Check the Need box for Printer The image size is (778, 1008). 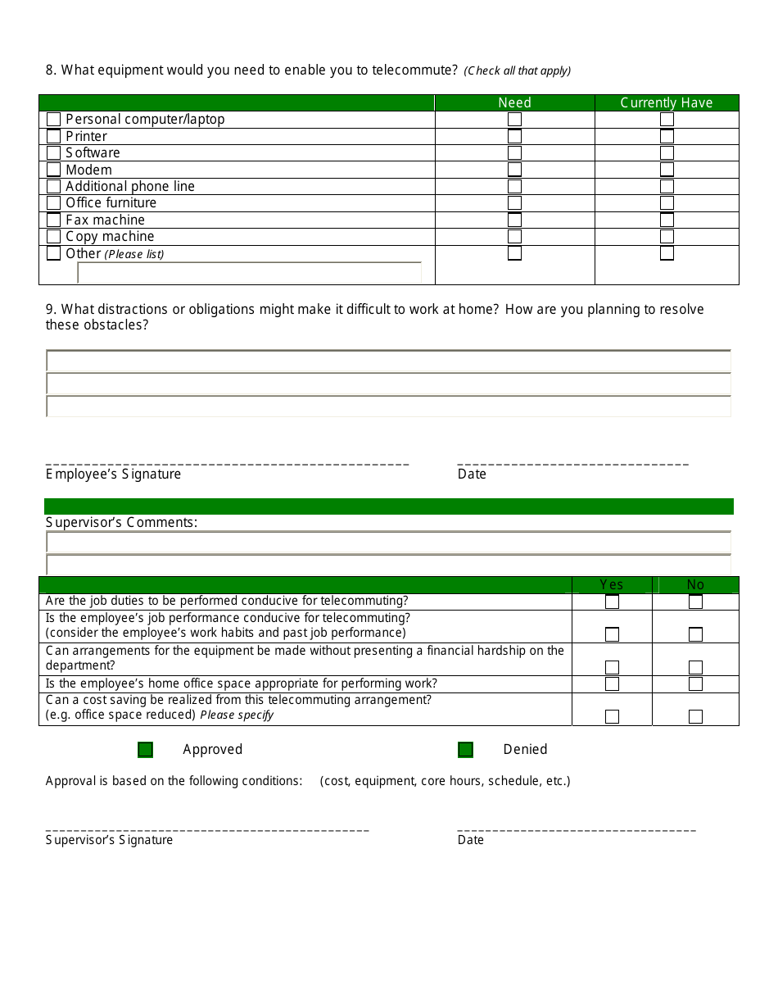click(x=514, y=136)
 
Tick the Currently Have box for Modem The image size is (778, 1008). click(x=667, y=170)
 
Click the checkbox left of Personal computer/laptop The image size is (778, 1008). click(x=54, y=120)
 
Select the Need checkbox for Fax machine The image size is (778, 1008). click(x=514, y=220)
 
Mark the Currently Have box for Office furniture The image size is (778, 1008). click(x=667, y=202)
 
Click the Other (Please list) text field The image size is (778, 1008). click(x=249, y=273)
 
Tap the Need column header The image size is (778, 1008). click(x=514, y=102)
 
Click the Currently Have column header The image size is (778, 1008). click(x=667, y=102)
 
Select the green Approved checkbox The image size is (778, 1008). click(x=145, y=750)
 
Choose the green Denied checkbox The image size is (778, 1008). click(x=465, y=750)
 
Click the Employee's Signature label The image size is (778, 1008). click(x=113, y=474)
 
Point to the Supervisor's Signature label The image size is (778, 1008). click(x=109, y=840)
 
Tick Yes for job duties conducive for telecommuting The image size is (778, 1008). click(x=612, y=602)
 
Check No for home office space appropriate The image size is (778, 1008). click(x=695, y=684)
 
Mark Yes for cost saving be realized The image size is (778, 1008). click(x=612, y=716)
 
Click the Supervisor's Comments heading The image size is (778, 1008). click(x=121, y=523)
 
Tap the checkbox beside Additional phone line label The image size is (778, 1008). click(x=54, y=186)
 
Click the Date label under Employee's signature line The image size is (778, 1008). click(x=472, y=474)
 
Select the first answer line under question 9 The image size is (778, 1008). click(x=388, y=361)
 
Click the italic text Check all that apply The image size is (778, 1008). click(x=518, y=71)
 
